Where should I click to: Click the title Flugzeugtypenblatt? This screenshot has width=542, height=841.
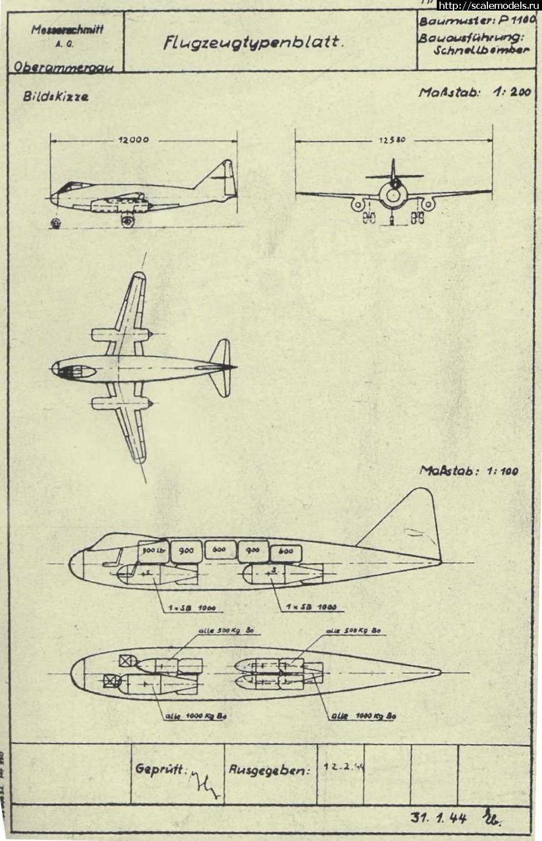pyautogui.click(x=252, y=43)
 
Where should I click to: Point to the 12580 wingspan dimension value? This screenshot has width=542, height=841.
pyautogui.click(x=393, y=141)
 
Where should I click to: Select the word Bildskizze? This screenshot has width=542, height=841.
pyautogui.click(x=56, y=96)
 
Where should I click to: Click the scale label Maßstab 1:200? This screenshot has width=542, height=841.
pyautogui.click(x=474, y=92)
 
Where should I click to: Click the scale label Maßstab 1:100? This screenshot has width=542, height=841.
pyautogui.click(x=468, y=471)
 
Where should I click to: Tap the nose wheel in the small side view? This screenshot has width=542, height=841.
pyautogui.click(x=55, y=223)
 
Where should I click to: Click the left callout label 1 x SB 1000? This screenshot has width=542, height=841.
pyautogui.click(x=192, y=607)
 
